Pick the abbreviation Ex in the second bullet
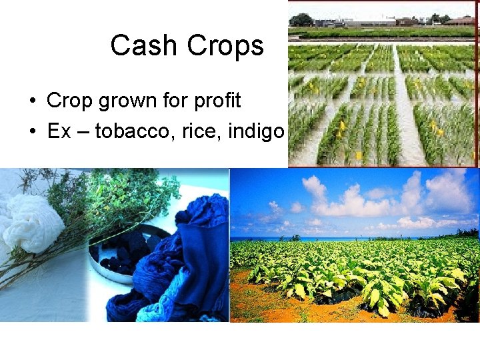point(59,131)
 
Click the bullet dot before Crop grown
point(32,101)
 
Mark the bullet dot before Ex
point(32,131)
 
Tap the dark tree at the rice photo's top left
point(301,20)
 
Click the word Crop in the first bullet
point(70,101)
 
